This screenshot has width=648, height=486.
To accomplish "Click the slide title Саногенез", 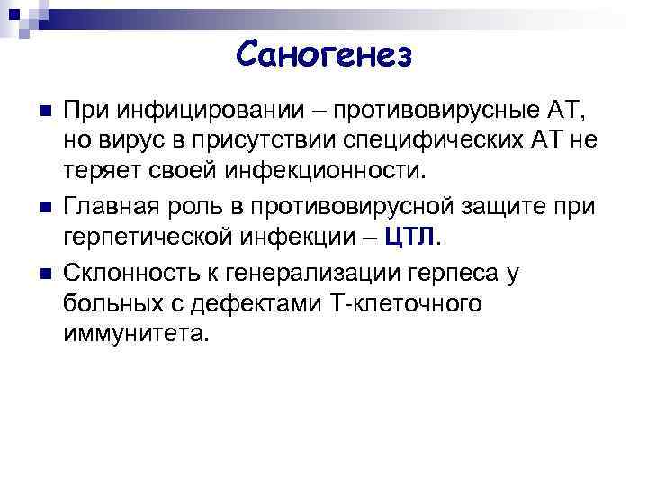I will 325,56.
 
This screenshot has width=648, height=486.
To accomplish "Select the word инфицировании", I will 190,115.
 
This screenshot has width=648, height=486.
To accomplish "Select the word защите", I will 505,207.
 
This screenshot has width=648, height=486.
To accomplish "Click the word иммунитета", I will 136,334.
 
